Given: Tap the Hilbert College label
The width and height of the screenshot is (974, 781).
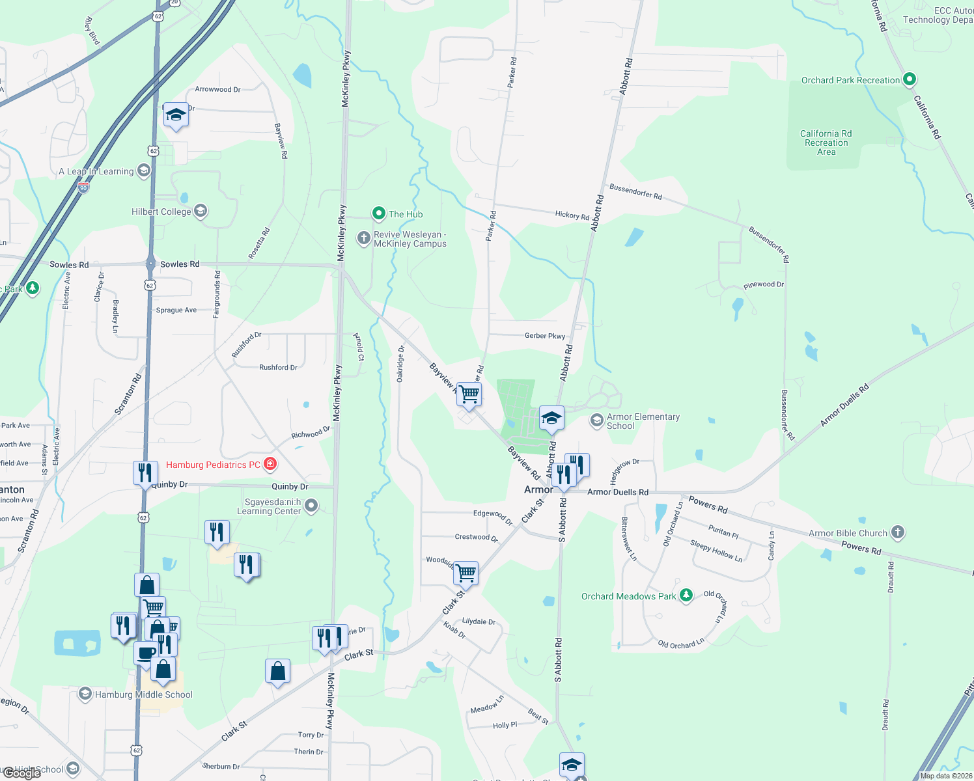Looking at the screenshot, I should click(x=161, y=212).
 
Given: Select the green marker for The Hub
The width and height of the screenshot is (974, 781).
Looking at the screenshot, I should click(x=378, y=213).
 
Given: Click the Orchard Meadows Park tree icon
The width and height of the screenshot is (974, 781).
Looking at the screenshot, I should click(x=686, y=596).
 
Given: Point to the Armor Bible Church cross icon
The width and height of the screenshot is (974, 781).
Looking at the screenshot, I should click(x=898, y=532).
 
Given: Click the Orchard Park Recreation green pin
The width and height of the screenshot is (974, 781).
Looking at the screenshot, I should click(x=910, y=79).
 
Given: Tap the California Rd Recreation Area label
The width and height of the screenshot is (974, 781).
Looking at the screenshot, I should click(x=826, y=143).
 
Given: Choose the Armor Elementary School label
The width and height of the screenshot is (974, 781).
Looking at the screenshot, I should click(x=643, y=421).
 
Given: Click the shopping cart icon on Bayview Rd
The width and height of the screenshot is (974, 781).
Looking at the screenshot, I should click(x=469, y=394).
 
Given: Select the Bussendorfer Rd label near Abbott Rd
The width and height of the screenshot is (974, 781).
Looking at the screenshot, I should click(x=635, y=191).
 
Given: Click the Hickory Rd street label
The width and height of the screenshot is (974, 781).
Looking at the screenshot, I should click(x=572, y=215).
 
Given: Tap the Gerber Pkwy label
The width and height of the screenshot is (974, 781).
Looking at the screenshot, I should click(x=545, y=336).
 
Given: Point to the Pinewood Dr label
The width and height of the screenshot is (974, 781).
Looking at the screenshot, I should click(x=764, y=285).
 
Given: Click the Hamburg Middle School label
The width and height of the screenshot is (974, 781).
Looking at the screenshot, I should click(x=144, y=694).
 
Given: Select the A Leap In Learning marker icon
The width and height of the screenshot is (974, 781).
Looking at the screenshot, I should click(x=144, y=171).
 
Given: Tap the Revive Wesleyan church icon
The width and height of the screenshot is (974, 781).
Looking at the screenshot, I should click(x=363, y=238).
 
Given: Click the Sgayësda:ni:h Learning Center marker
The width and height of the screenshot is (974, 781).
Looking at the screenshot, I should click(x=311, y=506).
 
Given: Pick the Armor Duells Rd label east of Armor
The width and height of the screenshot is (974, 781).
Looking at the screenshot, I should click(x=618, y=492).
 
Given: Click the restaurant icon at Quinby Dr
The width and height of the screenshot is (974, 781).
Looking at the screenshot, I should click(x=145, y=473).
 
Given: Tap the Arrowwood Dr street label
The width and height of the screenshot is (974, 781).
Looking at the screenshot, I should click(x=217, y=89).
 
